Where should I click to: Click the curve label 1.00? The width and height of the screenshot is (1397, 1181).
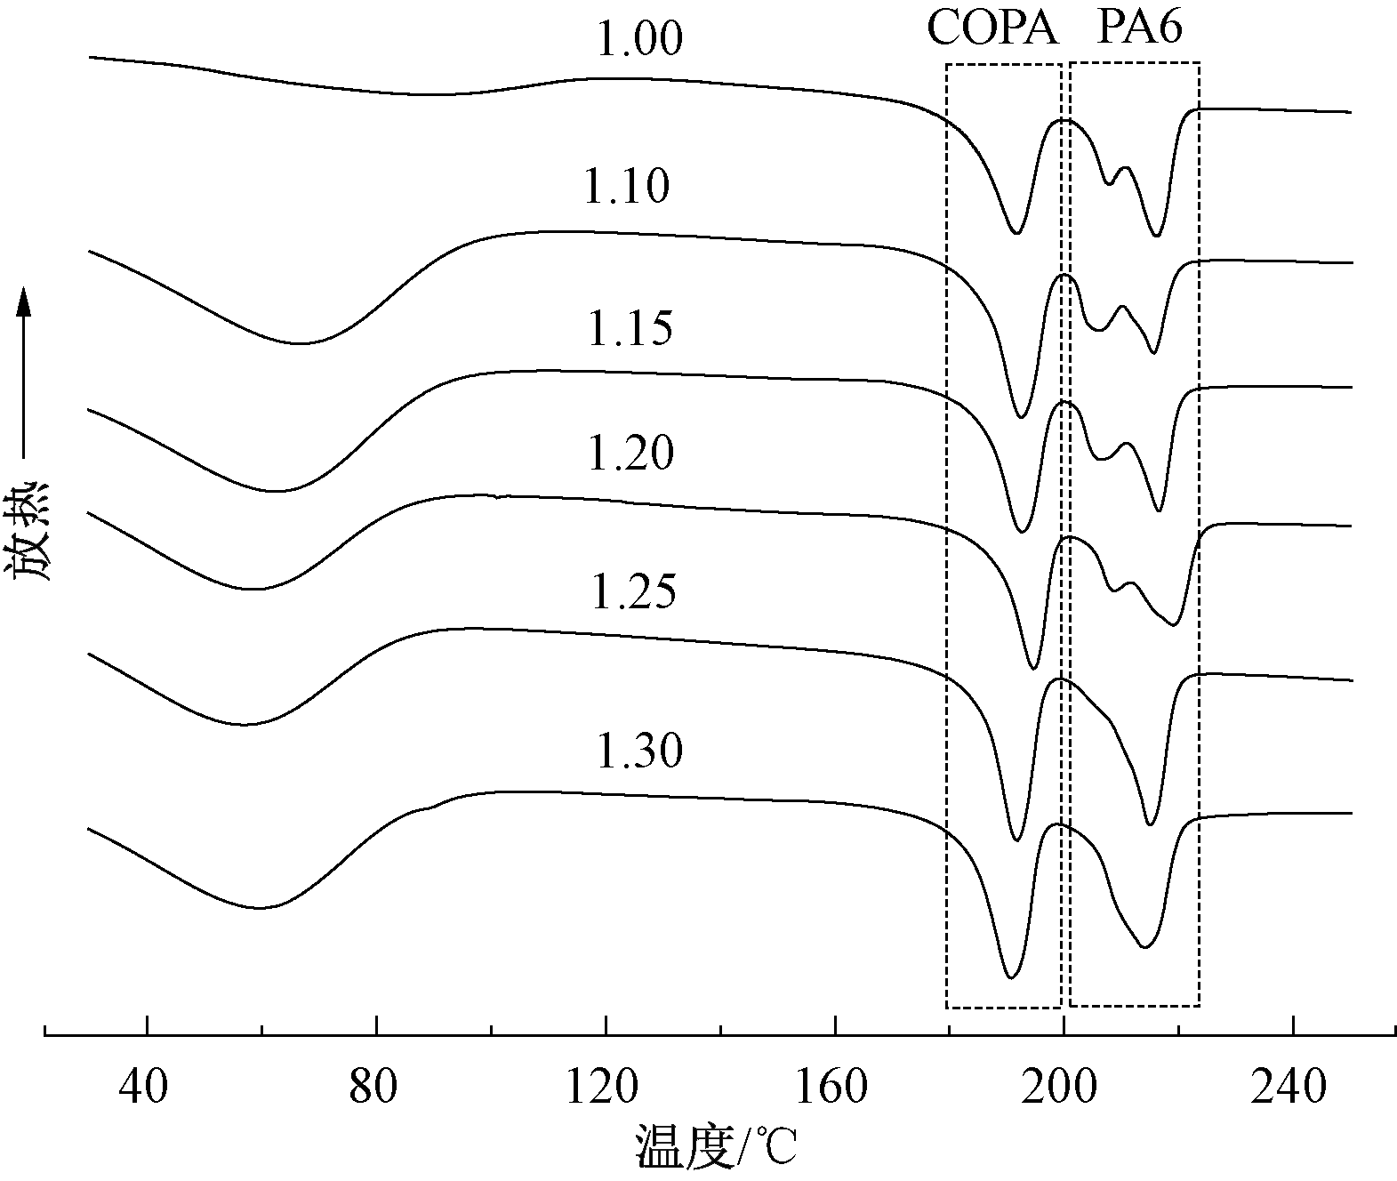[638, 40]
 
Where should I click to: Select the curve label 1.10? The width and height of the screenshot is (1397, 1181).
[626, 188]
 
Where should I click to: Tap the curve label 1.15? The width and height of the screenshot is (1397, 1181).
[630, 329]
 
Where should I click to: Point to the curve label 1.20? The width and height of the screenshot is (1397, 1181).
[630, 454]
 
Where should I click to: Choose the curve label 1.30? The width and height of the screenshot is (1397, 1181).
[638, 751]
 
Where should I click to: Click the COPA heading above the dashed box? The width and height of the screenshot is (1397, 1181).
[993, 28]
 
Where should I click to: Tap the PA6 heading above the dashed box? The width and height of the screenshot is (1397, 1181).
[1139, 28]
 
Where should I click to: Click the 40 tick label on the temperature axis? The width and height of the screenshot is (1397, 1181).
[143, 1088]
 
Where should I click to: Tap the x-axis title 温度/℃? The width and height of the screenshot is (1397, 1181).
[716, 1148]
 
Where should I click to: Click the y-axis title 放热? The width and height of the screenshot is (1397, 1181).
[32, 532]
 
